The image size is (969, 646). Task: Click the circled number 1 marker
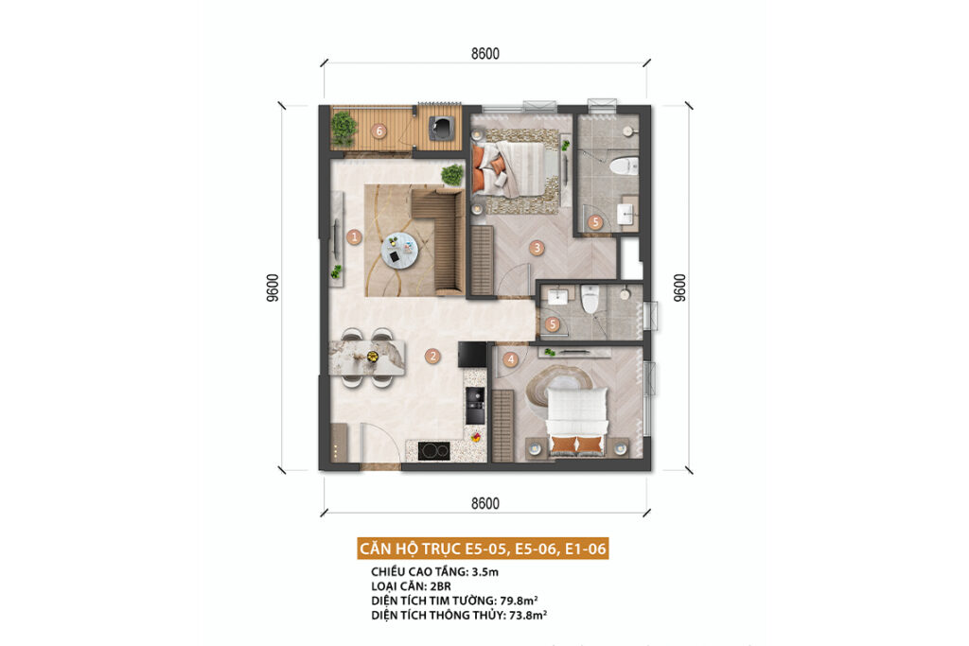(x=354, y=236)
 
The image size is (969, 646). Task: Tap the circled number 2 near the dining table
(x=432, y=356)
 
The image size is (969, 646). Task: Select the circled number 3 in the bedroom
(x=537, y=248)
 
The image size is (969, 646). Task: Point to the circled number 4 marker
(x=510, y=358)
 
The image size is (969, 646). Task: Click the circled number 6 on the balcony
(x=379, y=131)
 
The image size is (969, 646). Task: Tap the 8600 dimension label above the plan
(x=485, y=54)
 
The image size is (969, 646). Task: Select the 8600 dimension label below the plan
(x=485, y=503)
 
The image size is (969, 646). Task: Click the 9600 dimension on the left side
(x=273, y=288)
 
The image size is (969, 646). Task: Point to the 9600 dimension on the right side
(x=679, y=288)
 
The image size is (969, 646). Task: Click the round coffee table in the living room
(x=399, y=250)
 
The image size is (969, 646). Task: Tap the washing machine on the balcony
(x=444, y=128)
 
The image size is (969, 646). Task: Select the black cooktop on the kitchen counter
(x=433, y=451)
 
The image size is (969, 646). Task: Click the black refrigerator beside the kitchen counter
(x=472, y=355)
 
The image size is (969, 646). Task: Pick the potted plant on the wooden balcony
(x=343, y=128)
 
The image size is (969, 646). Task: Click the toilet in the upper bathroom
(x=623, y=166)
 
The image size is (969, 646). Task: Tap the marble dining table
(x=367, y=358)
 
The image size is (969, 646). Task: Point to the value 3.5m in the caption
(x=485, y=572)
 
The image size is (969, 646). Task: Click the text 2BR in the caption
(x=440, y=586)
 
